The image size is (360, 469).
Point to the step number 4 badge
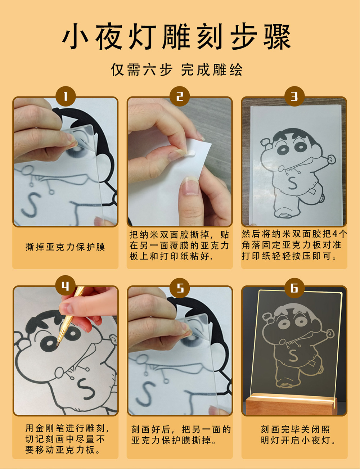66,287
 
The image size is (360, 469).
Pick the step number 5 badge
180,288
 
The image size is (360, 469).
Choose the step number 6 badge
294,288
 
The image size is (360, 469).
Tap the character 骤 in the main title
277,37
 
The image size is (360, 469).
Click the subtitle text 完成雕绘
212,70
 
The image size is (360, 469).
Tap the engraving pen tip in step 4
57,345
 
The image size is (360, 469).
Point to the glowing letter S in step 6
293,356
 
